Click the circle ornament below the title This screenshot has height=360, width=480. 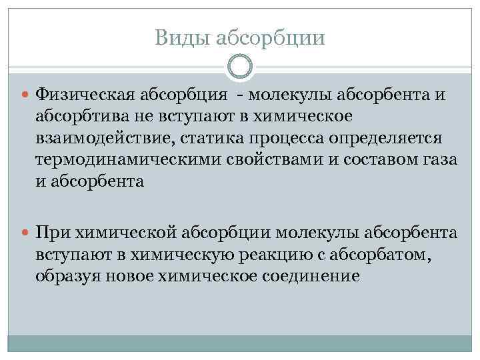point(240,67)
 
